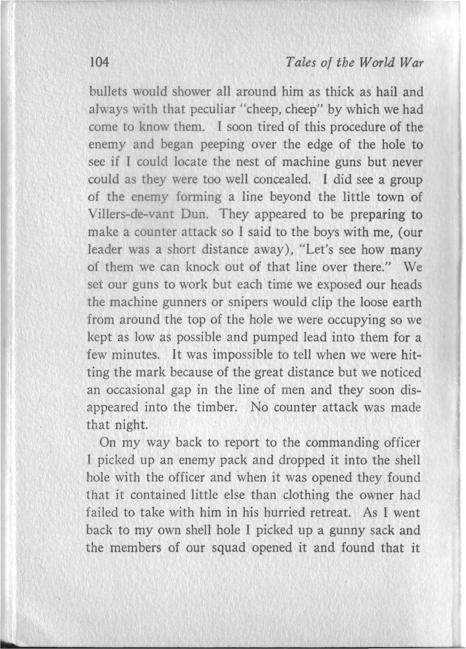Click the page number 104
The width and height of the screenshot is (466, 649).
pyautogui.click(x=99, y=62)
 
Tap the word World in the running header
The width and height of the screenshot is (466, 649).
pyautogui.click(x=378, y=63)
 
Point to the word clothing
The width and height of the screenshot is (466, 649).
pyautogui.click(x=306, y=495)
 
